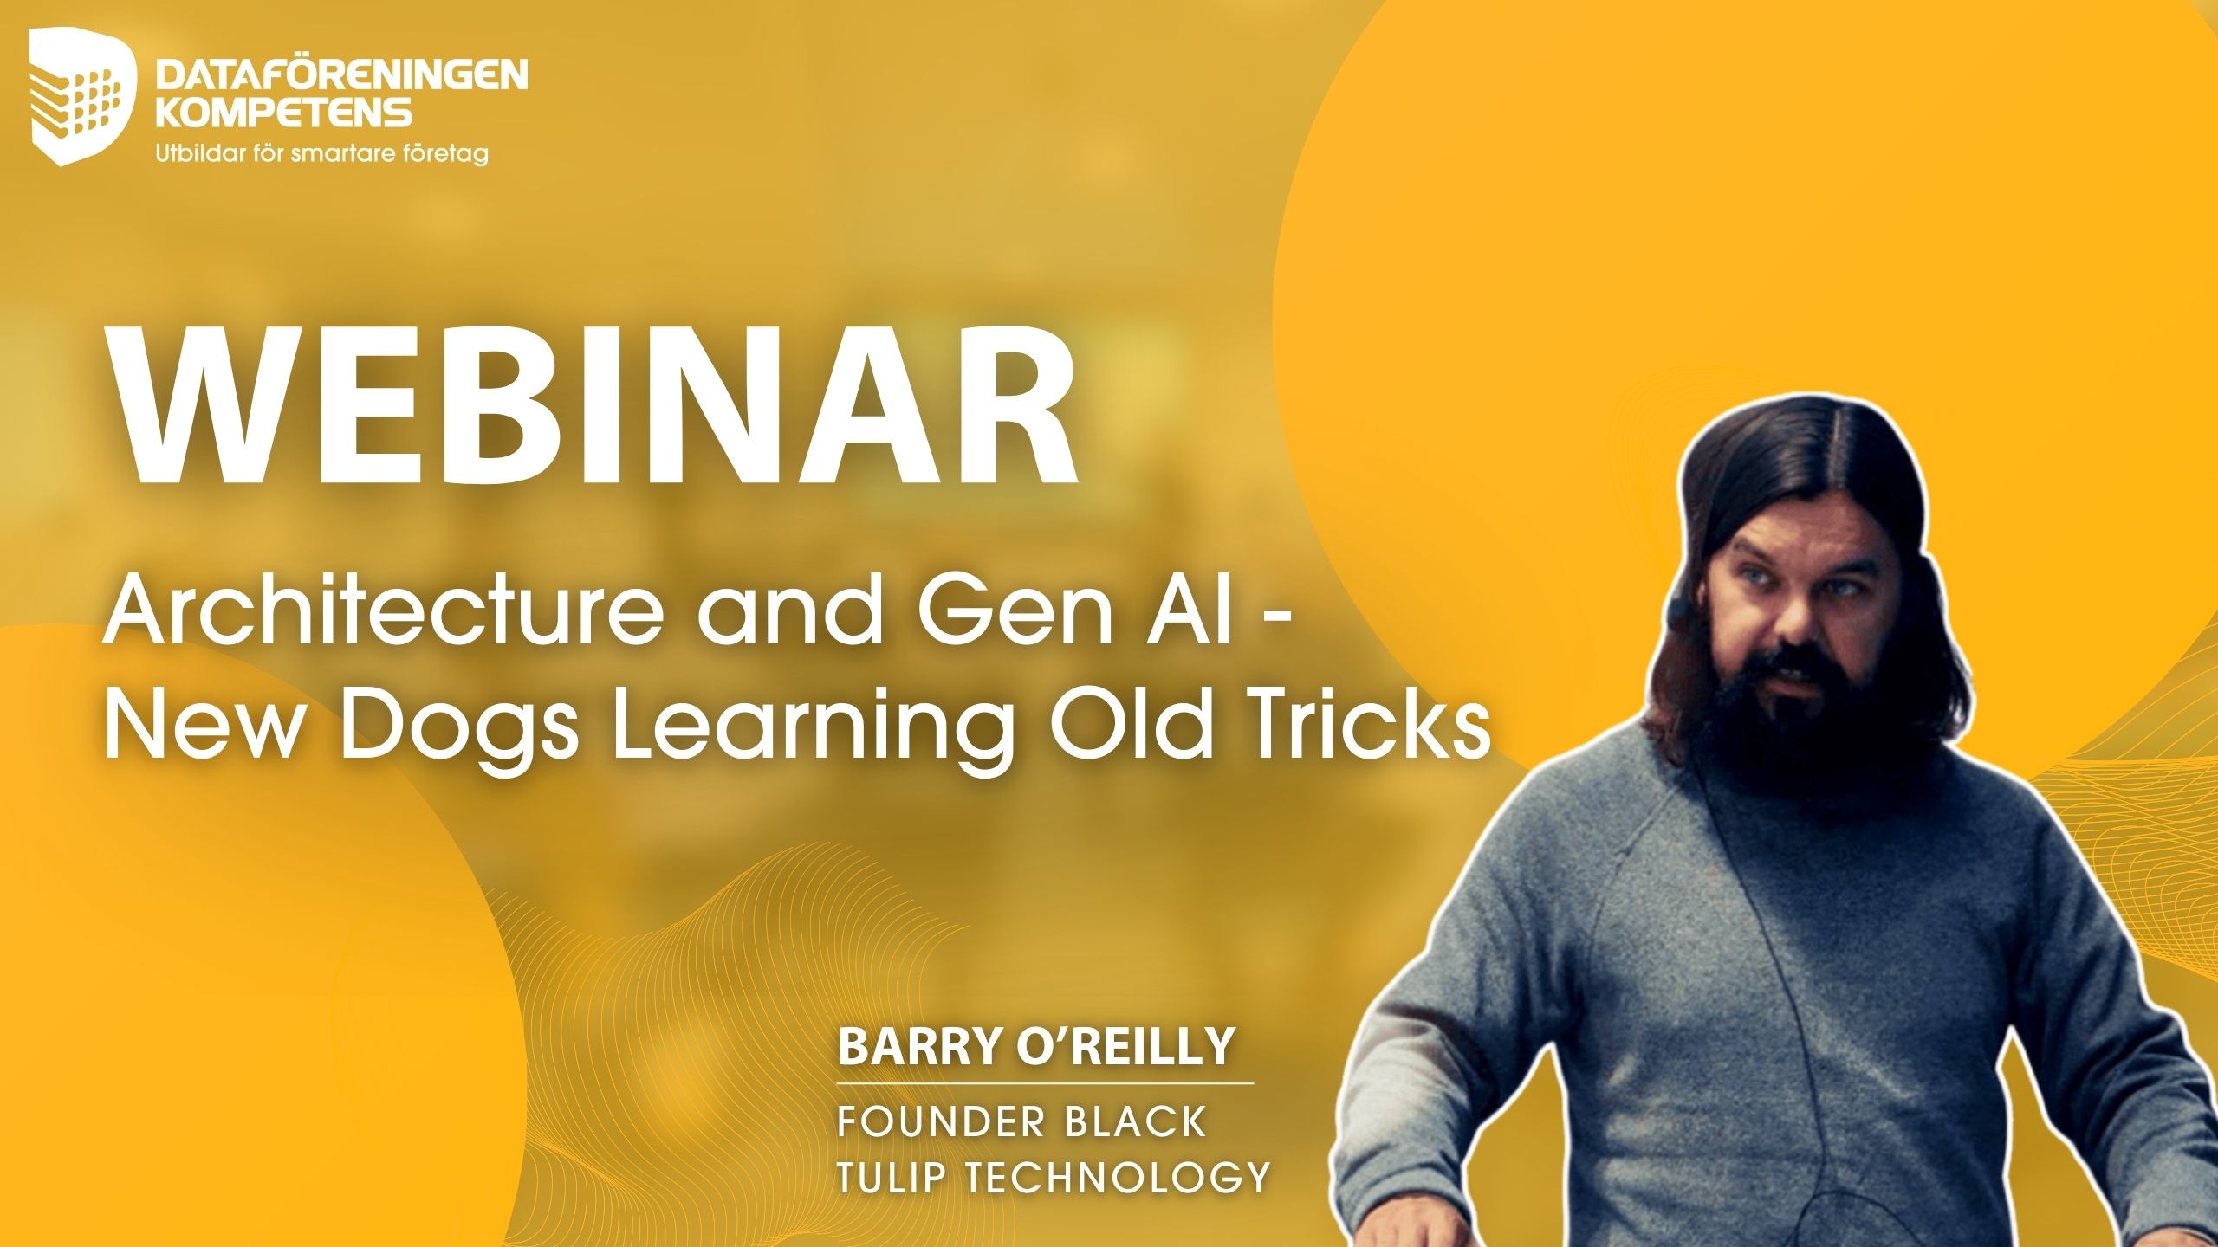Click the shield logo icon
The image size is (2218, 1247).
[x=83, y=96]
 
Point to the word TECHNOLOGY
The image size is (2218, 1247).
[x=1118, y=1177]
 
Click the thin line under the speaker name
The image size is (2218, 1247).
[x=1045, y=1082]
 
